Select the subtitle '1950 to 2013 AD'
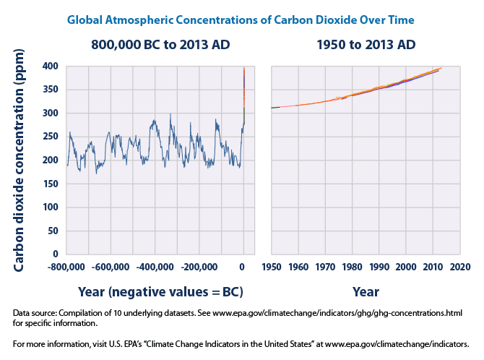pos(366,45)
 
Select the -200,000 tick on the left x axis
pos(199,267)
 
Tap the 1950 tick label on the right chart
pos(271,267)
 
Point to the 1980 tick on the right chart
pos(352,267)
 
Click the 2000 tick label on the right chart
pos(406,267)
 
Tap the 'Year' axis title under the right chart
pos(366,292)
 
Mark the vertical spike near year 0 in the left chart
pos(244,94)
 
